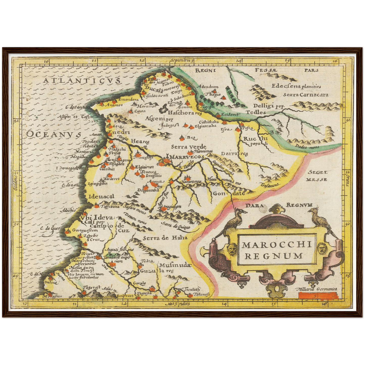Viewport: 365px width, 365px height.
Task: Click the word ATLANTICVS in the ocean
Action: [81, 81]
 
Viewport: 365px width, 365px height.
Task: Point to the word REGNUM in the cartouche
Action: [274, 256]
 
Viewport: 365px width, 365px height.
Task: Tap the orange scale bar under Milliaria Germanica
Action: [318, 295]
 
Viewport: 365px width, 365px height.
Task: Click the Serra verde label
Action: [188, 147]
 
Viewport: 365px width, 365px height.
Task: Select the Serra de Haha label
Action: [165, 238]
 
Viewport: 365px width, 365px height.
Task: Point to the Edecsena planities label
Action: [296, 86]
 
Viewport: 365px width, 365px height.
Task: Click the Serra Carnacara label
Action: [306, 95]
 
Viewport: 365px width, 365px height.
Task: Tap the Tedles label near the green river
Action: [256, 112]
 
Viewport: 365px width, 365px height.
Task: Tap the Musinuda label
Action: [174, 265]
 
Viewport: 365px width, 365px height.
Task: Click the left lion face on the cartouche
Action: [231, 248]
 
